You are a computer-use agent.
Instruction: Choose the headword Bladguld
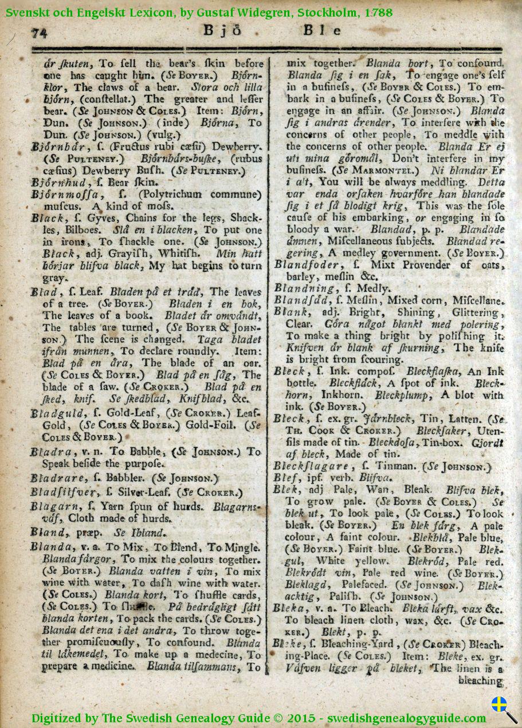coord(58,413)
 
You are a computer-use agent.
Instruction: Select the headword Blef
coord(287,478)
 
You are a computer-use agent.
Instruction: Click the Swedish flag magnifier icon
coord(503,708)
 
